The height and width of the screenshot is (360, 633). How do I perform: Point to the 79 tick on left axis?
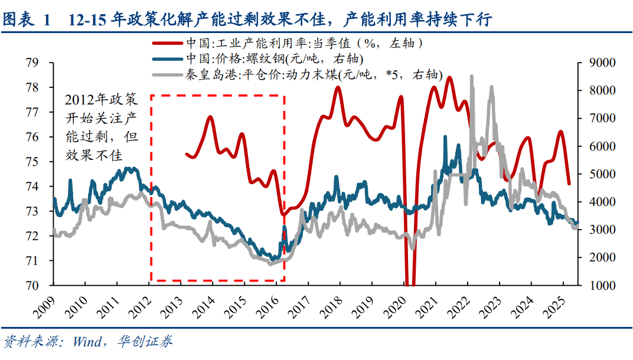(x=32, y=63)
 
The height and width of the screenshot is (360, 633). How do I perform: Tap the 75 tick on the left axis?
(x=32, y=162)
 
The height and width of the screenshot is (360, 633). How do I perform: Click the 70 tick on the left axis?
(x=32, y=286)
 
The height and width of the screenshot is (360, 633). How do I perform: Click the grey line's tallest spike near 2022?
(x=471, y=76)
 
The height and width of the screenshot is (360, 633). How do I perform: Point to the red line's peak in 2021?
(x=449, y=77)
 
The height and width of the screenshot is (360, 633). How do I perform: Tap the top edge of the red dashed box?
(x=218, y=95)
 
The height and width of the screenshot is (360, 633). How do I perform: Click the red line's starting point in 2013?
(x=187, y=154)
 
